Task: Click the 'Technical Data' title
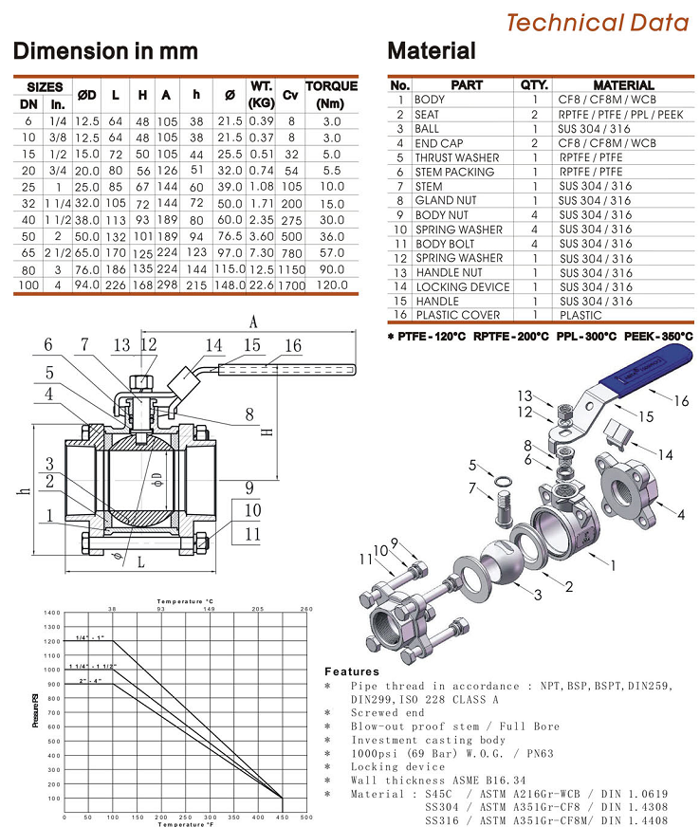click(x=597, y=22)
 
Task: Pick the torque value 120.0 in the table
click(x=331, y=284)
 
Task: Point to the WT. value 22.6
click(x=261, y=284)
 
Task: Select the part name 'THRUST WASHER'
click(x=456, y=157)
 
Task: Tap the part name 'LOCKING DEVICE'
click(x=462, y=286)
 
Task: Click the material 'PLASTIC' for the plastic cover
click(x=580, y=315)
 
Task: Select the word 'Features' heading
click(x=352, y=671)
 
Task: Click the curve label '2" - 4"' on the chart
click(x=90, y=681)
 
